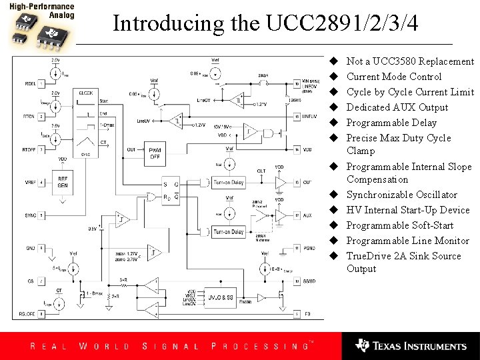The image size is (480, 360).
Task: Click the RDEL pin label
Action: point(29,83)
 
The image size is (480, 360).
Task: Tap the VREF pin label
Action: point(29,182)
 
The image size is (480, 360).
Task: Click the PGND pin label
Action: point(309,248)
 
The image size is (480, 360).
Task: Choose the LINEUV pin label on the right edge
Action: point(309,117)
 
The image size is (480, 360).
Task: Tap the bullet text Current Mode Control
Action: point(393,77)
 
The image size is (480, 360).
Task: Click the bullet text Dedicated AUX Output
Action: point(397,107)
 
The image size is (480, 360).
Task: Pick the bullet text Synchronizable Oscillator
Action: point(401,195)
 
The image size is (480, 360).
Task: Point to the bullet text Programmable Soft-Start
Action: point(399,225)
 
